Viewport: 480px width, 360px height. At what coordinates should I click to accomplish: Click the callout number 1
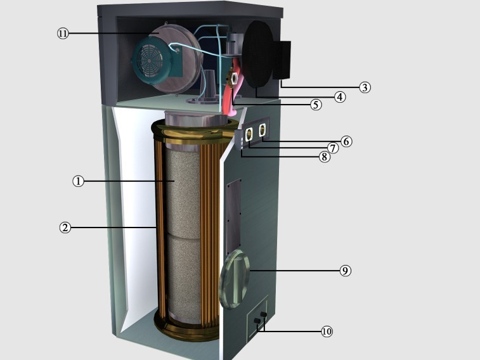(x=79, y=181)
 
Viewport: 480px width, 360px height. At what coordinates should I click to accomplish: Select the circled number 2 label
(x=65, y=228)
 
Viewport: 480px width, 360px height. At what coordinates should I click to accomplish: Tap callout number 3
(x=365, y=87)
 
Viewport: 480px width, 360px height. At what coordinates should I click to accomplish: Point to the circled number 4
(x=340, y=97)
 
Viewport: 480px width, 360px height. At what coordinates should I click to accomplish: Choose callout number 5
(x=316, y=105)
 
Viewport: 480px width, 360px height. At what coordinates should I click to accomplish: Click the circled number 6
(x=346, y=141)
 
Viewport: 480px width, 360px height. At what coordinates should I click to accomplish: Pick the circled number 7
(x=333, y=148)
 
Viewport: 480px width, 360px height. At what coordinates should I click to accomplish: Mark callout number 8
(x=325, y=157)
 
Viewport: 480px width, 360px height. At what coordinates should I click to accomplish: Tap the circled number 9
(x=346, y=271)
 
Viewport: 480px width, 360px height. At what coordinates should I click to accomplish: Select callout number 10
(x=327, y=331)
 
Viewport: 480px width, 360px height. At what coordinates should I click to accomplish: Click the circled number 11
(x=63, y=33)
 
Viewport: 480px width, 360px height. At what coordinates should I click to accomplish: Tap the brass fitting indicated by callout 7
(x=249, y=134)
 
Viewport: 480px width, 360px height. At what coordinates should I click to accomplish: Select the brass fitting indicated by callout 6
(x=263, y=130)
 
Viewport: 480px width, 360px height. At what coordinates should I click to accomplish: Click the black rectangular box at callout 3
(x=282, y=60)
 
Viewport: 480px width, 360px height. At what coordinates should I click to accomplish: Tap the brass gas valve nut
(x=234, y=79)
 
